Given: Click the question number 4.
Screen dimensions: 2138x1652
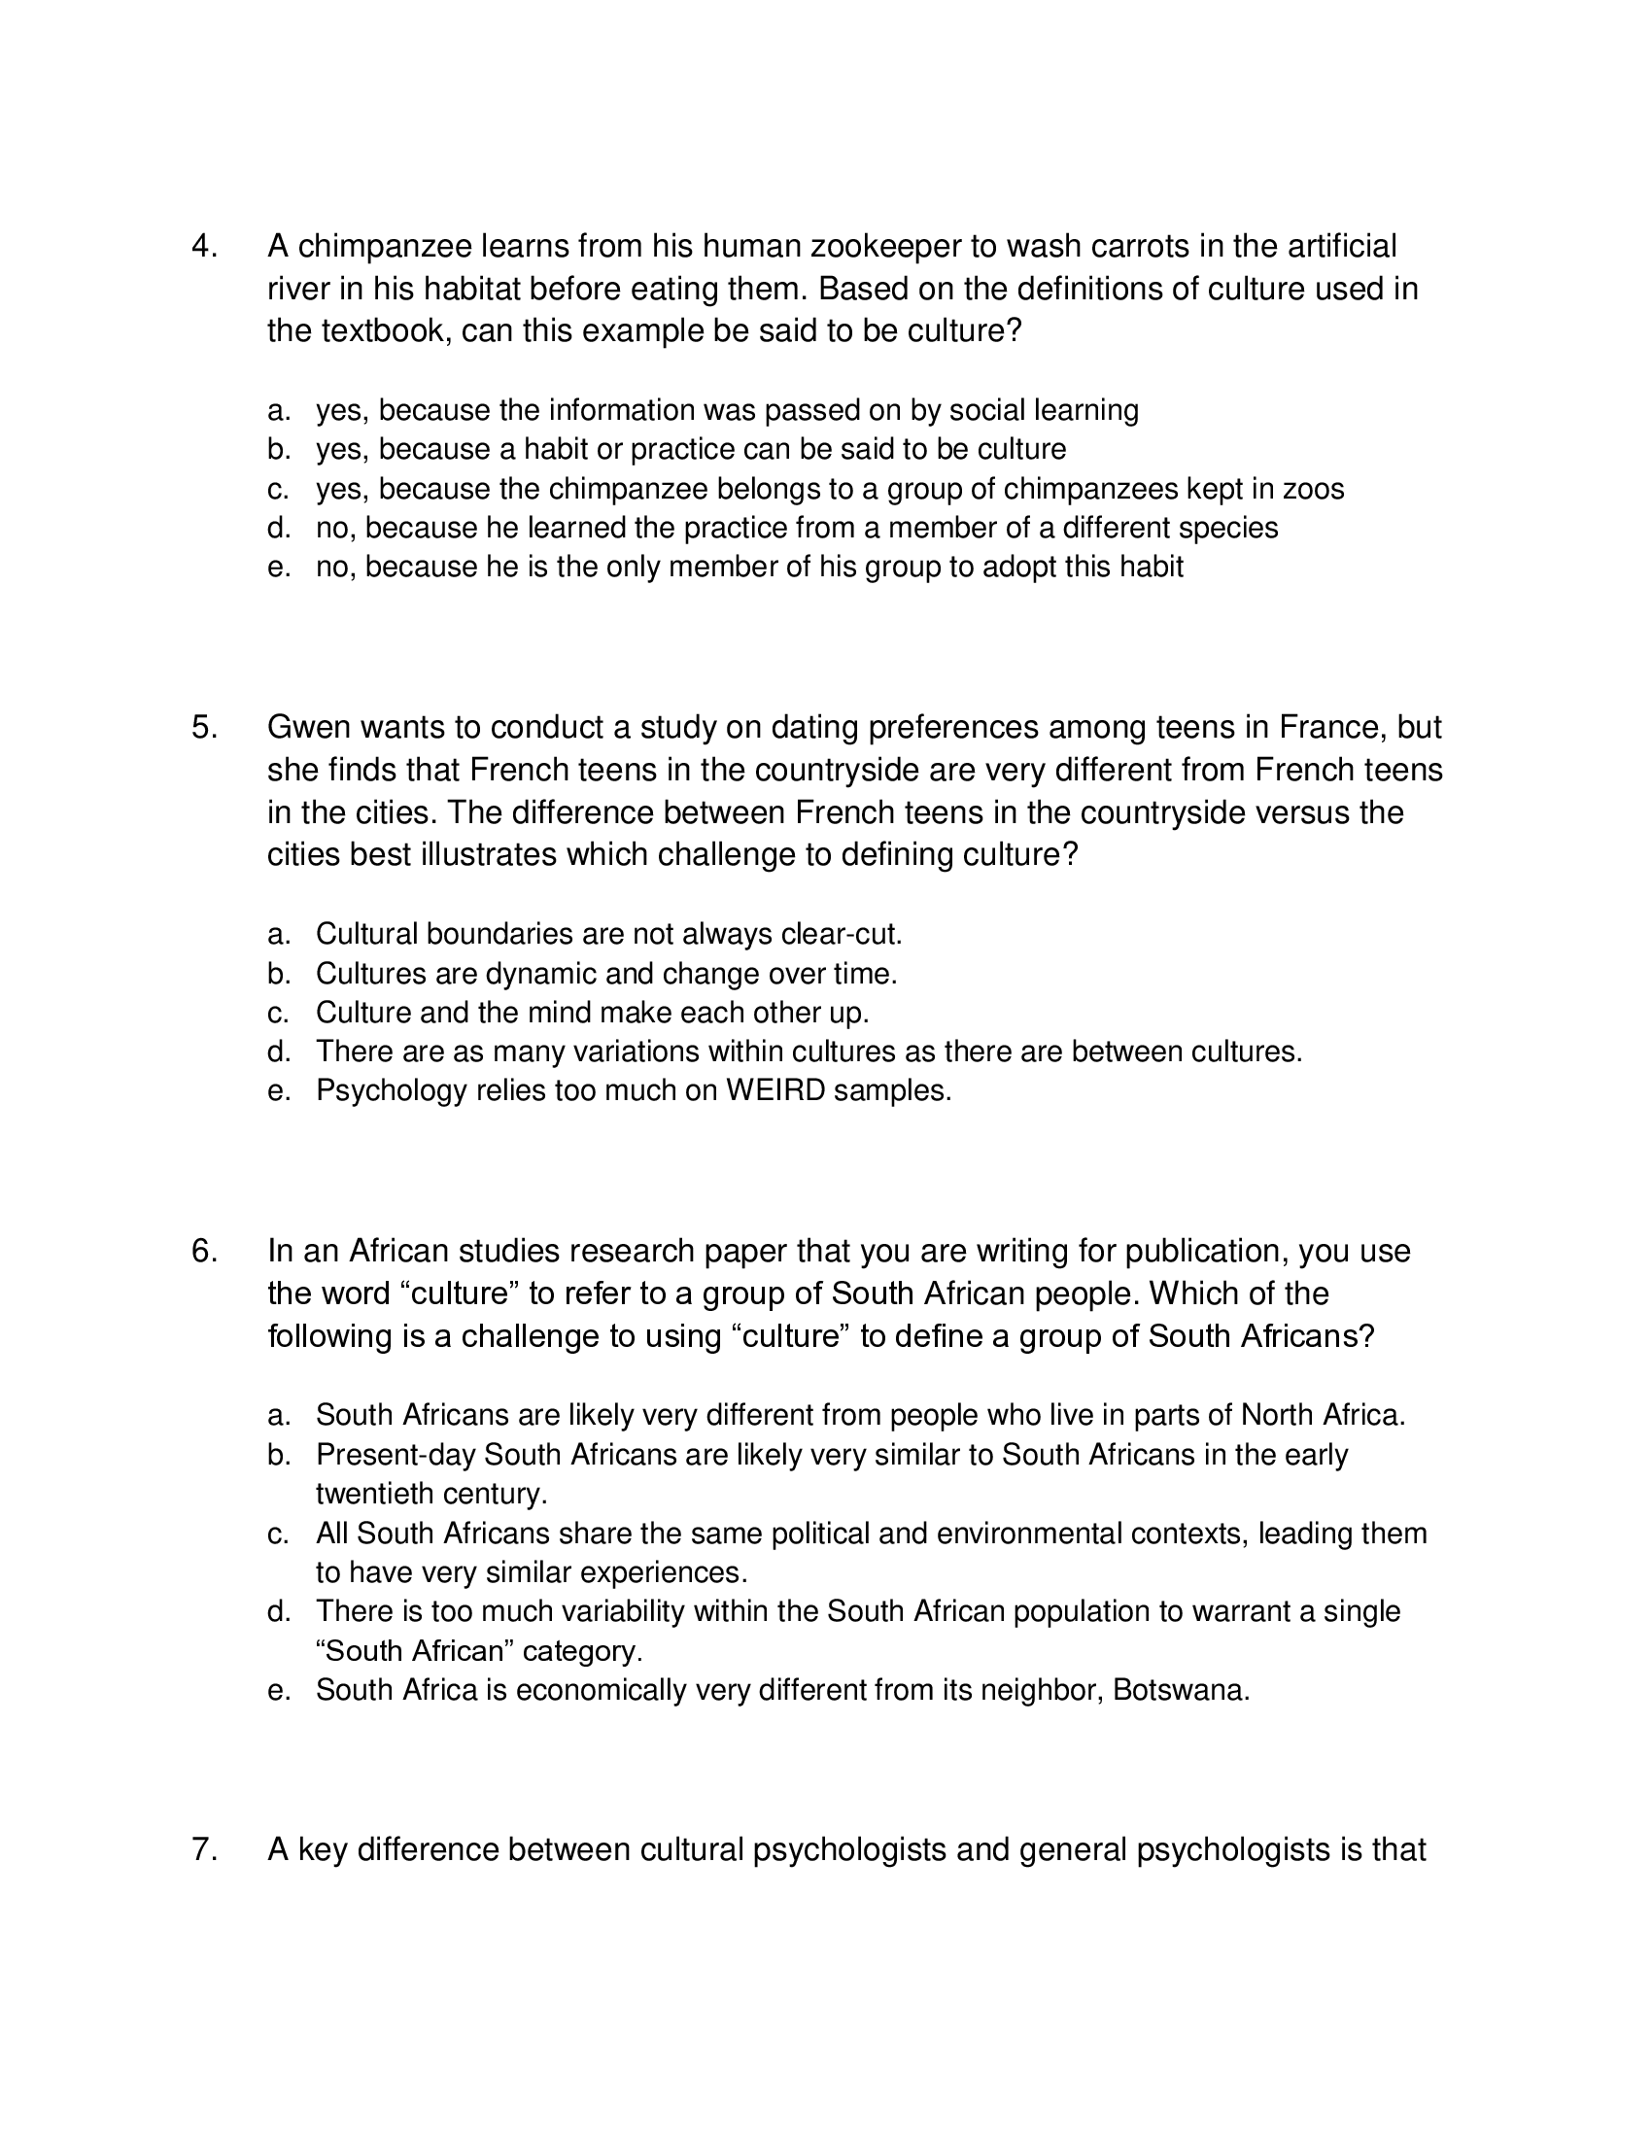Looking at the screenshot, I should tap(203, 246).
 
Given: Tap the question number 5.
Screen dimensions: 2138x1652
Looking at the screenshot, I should tap(203, 727).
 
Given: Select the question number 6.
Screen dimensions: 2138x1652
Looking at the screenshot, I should tap(203, 1251).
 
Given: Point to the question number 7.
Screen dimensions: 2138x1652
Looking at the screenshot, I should tap(203, 1849).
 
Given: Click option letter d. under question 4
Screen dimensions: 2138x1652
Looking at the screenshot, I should tap(279, 528).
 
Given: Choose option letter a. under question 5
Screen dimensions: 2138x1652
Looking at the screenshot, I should tap(279, 934).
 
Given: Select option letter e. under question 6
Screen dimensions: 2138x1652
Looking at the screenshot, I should tap(279, 1691).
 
